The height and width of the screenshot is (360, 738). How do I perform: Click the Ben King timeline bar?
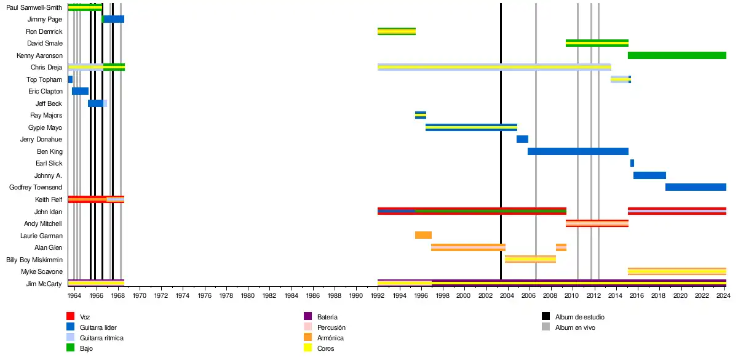[577, 151]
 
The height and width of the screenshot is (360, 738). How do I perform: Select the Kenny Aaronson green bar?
[676, 55]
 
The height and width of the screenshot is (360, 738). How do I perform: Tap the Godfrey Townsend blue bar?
[696, 187]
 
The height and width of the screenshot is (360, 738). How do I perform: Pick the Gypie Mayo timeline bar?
[471, 127]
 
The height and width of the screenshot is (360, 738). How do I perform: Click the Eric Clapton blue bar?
[80, 91]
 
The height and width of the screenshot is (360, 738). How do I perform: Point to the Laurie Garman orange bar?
[423, 235]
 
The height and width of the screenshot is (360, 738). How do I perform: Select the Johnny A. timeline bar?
[649, 175]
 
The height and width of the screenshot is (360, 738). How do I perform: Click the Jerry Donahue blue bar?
[522, 139]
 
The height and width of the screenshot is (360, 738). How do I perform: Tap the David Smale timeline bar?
[597, 43]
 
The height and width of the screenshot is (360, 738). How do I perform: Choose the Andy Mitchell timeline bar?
[597, 223]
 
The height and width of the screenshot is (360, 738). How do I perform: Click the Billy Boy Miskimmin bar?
[530, 259]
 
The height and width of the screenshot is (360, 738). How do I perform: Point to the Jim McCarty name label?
[44, 284]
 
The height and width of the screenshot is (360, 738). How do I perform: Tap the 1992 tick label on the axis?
[378, 296]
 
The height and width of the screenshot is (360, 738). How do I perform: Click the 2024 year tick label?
[723, 296]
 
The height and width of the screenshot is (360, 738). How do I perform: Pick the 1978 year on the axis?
[226, 296]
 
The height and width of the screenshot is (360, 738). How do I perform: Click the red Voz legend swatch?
[71, 316]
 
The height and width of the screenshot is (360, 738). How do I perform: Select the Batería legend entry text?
[327, 316]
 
